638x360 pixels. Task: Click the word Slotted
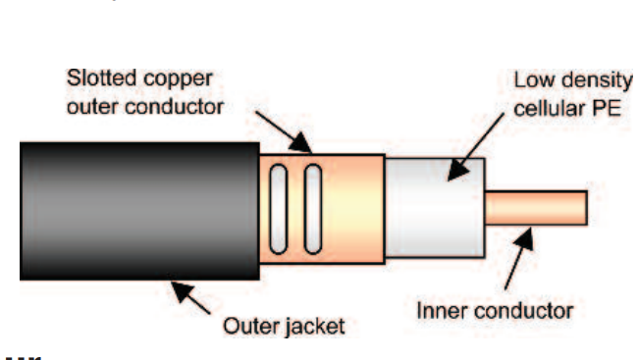[101, 77]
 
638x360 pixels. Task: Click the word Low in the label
[533, 80]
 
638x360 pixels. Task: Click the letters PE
[606, 109]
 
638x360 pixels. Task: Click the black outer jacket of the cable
[139, 211]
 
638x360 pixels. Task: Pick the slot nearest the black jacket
[279, 209]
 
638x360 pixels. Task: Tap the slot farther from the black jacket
[313, 209]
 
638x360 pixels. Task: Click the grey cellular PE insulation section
[435, 208]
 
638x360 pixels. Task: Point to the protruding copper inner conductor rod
[536, 207]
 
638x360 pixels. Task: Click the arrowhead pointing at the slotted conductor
[300, 143]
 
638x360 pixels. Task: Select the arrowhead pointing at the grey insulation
[457, 170]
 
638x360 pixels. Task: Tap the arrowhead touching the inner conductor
[525, 238]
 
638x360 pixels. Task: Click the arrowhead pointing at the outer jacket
[182, 291]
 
